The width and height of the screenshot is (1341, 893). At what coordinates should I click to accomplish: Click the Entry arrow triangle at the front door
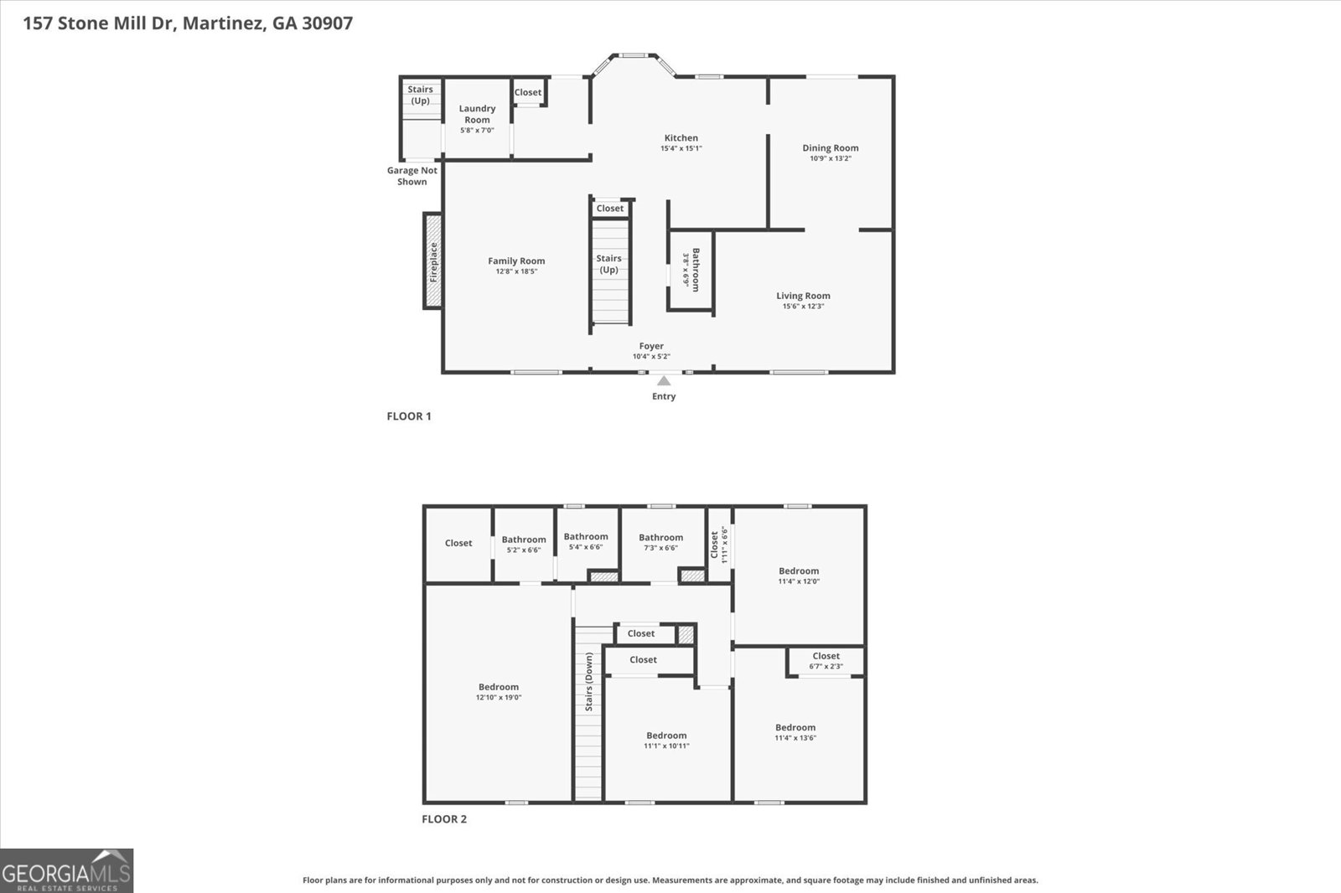point(664,381)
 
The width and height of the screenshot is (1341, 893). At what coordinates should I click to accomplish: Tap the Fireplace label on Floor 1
point(433,261)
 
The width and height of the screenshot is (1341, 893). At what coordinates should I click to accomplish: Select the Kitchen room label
point(681,138)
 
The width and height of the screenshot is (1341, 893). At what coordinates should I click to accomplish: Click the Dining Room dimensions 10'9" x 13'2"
point(830,158)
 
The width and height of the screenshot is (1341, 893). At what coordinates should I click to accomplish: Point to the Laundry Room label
point(477,114)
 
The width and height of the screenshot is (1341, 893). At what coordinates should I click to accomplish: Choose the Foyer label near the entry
point(651,346)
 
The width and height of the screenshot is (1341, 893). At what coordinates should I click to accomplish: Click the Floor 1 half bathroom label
point(695,269)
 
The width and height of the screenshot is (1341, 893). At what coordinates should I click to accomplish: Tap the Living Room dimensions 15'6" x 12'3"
point(803,307)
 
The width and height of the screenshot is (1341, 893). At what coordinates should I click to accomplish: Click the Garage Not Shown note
point(412,176)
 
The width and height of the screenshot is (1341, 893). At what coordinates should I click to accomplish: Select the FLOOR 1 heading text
point(409,416)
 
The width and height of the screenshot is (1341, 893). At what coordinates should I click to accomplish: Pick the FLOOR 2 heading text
point(444,819)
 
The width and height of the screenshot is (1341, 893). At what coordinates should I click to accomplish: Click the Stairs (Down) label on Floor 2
point(589,682)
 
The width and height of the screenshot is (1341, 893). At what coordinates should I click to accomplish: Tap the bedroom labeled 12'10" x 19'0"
point(499,692)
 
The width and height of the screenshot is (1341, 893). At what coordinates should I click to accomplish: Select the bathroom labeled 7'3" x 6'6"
point(660,542)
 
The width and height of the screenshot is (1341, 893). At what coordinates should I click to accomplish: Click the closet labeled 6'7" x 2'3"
point(826,661)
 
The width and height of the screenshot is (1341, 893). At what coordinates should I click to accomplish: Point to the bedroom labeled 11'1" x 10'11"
point(666,741)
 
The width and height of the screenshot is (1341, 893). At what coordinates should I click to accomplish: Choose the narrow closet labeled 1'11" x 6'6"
point(719,545)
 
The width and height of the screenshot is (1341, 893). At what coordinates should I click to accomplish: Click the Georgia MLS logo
point(67,871)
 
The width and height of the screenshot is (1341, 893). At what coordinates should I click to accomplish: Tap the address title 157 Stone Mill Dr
point(188,23)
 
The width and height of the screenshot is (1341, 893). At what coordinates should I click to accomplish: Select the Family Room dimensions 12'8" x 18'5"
point(516,271)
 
